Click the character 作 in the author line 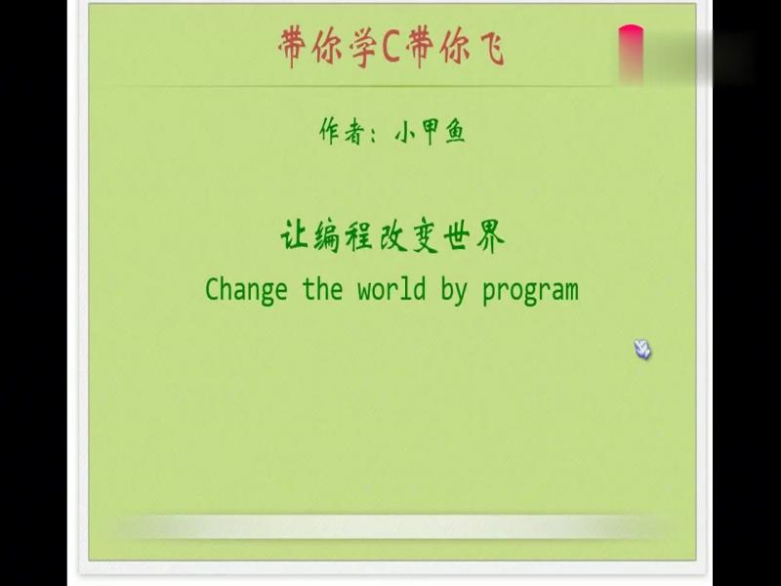point(332,131)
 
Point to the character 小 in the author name point(404,132)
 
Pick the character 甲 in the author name point(429,132)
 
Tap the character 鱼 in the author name point(454,132)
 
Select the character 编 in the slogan point(328,236)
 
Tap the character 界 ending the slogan point(489,236)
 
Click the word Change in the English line point(246,289)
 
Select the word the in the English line point(322,289)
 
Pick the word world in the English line point(391,289)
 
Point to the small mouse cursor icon point(642,349)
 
